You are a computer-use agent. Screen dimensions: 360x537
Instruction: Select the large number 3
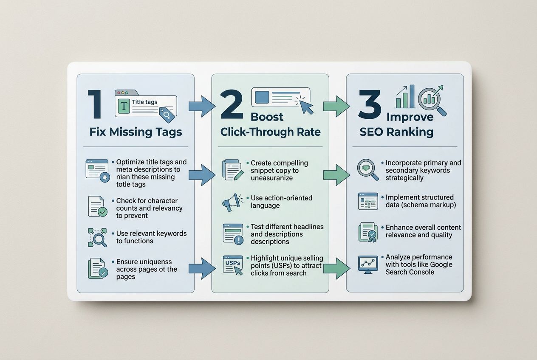tap(369, 105)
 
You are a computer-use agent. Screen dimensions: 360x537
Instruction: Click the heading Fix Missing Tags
tap(136, 132)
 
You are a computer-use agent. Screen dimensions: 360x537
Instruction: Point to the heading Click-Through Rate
tap(270, 132)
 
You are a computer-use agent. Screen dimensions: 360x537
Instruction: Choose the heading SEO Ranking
tap(396, 132)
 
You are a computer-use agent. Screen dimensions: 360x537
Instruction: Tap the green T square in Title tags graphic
tap(123, 107)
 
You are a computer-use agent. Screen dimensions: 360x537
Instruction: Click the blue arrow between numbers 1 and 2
tap(202, 106)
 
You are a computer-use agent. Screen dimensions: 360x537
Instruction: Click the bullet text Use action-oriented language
tap(281, 202)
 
